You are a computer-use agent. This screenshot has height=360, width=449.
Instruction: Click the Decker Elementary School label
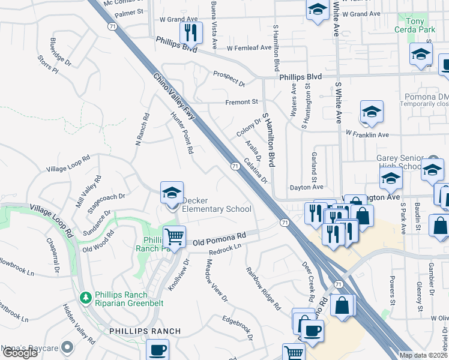(216, 205)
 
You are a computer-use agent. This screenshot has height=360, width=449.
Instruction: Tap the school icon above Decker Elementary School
(172, 193)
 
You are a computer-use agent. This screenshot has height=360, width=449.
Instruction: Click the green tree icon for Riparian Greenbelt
(86, 298)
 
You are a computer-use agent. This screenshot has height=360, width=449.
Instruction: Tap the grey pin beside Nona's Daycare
(67, 347)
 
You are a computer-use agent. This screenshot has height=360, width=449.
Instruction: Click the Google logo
(20, 353)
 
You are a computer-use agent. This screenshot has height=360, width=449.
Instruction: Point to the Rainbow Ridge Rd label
(263, 288)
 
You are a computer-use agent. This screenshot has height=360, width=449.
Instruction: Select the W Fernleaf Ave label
(249, 48)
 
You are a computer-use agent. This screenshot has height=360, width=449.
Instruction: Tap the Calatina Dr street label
(255, 170)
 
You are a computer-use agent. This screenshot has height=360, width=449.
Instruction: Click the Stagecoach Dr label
(106, 200)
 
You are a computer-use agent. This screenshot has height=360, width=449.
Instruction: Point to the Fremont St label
(241, 102)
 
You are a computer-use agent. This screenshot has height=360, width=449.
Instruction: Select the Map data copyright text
(423, 355)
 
